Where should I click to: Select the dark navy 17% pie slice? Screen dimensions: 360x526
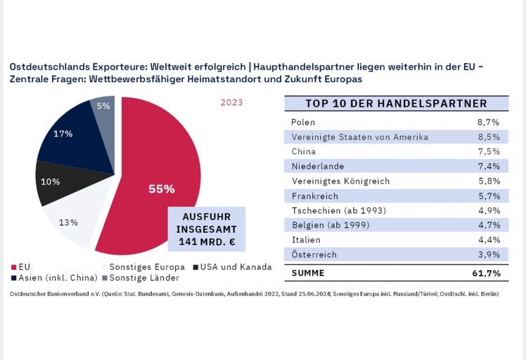(70, 137)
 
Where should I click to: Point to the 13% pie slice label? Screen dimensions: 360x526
(68, 222)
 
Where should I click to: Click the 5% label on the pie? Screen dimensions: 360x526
(103, 106)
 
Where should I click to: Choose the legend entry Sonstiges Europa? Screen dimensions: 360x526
(147, 266)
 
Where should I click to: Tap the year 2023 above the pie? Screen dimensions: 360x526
(231, 103)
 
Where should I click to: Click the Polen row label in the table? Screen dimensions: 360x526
(303, 122)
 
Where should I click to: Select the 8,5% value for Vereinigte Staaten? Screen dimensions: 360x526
(488, 136)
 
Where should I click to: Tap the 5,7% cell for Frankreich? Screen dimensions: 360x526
(488, 196)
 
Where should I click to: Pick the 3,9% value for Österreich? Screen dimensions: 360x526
(488, 255)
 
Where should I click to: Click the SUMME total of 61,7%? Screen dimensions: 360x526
(486, 272)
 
